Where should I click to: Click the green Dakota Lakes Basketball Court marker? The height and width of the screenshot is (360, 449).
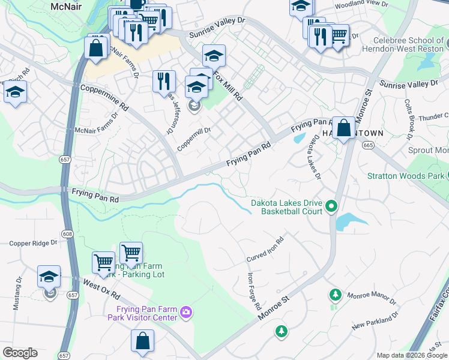pyautogui.click(x=331, y=208)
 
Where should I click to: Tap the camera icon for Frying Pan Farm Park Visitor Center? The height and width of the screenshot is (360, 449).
pyautogui.click(x=186, y=311)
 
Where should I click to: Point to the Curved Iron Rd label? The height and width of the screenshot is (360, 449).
pyautogui.click(x=265, y=248)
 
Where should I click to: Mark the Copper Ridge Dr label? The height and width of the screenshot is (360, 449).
pyautogui.click(x=33, y=243)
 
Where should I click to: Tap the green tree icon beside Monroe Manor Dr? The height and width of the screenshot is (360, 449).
pyautogui.click(x=336, y=295)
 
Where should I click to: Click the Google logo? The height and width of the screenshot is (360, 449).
pyautogui.click(x=20, y=353)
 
